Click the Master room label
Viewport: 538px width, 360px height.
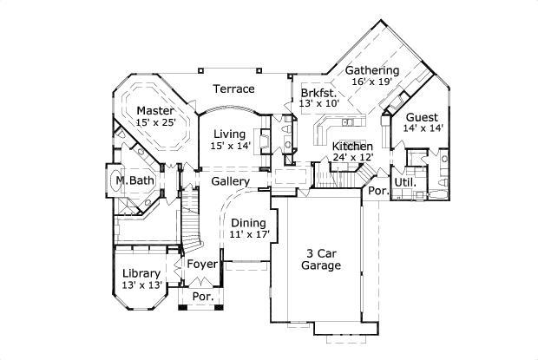click(x=155, y=111)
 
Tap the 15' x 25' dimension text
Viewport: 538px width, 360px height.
click(x=155, y=123)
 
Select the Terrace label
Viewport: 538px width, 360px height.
click(x=234, y=88)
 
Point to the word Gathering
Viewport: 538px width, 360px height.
click(x=372, y=70)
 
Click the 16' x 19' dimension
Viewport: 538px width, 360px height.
click(x=372, y=82)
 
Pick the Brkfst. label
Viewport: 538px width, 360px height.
click(x=318, y=91)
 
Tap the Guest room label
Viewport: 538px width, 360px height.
click(x=422, y=116)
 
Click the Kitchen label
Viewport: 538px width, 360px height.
click(x=352, y=146)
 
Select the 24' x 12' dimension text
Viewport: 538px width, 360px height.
click(x=353, y=158)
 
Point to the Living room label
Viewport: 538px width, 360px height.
click(x=230, y=134)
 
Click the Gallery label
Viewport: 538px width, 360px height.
click(x=230, y=181)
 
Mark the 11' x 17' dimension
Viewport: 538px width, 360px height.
click(x=250, y=234)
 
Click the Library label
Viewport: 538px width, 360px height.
click(x=141, y=273)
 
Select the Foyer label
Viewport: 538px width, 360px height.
click(x=202, y=264)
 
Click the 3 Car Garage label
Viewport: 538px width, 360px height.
click(x=321, y=259)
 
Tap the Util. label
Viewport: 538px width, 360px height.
click(x=405, y=183)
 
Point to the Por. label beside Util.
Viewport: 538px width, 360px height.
click(x=377, y=191)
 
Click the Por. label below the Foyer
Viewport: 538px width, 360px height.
click(x=202, y=297)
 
